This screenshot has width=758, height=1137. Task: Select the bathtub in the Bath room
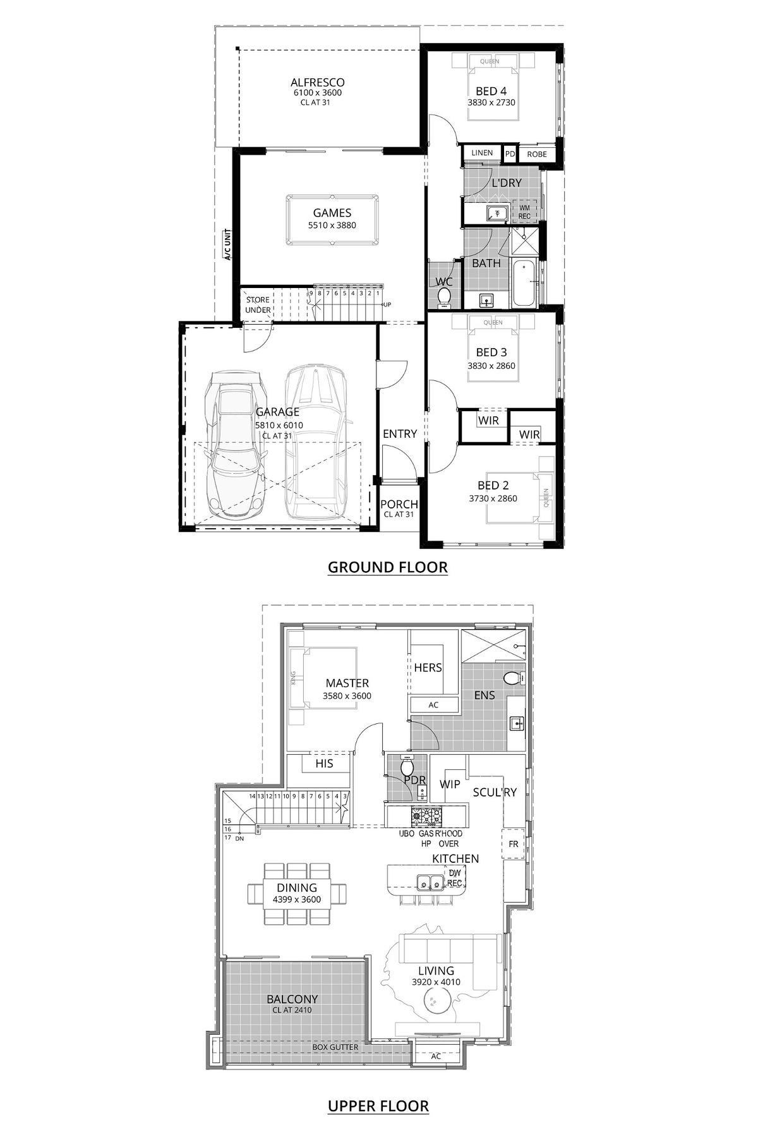[523, 282]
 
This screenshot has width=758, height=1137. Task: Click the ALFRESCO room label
[317, 82]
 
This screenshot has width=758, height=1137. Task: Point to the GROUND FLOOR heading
[387, 567]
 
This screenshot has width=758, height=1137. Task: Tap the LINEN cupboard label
[482, 153]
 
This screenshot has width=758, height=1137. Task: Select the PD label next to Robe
[510, 153]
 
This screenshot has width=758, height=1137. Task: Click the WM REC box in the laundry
[525, 211]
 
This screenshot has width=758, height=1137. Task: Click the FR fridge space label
[513, 844]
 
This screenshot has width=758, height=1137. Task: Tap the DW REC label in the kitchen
[455, 877]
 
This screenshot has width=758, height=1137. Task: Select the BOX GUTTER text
[335, 1047]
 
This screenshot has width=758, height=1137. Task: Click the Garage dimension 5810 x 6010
[279, 425]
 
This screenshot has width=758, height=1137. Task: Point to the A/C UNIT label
[228, 245]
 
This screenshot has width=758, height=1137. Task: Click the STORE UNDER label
[258, 305]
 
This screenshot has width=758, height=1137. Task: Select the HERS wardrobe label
[428, 668]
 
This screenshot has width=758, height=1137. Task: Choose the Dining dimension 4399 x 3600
[297, 899]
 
